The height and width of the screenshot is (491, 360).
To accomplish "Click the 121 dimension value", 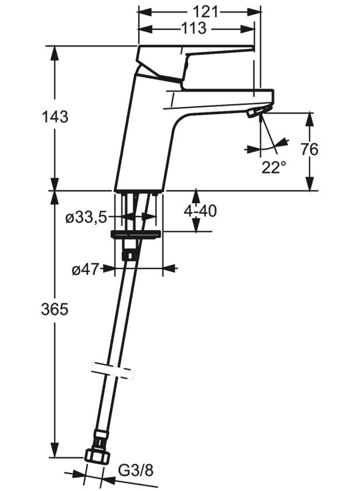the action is pos(205,12).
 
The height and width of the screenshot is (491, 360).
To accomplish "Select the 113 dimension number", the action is pos(193,29).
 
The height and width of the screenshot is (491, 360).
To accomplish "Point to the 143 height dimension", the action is pos(55,117).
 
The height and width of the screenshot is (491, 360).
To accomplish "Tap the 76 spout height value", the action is pos(309,149).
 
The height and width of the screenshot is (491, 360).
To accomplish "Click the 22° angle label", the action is pos(274,168).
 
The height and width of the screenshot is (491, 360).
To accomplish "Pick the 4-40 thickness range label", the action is pos(200,211).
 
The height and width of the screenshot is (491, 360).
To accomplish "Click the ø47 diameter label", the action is pos(86,269).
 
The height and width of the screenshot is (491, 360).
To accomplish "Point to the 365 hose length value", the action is pos(55,310).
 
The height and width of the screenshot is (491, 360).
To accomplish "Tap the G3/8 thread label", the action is pos(136,471).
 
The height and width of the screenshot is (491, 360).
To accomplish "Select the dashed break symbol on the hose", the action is pos(112,371).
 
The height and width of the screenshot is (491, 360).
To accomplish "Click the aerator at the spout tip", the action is pos(257,112).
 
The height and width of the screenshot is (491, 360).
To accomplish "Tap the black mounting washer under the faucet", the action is pos(136,235).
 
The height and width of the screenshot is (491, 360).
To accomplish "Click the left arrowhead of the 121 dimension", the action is pos(144,12).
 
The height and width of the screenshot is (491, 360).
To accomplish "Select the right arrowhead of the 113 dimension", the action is pos(247,29).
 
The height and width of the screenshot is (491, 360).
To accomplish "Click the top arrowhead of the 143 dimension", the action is pos(55,53).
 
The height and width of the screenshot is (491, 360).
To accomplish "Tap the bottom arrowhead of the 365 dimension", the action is pos(55,450).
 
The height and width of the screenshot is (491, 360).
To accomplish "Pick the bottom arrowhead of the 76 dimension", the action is pos(309,183).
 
